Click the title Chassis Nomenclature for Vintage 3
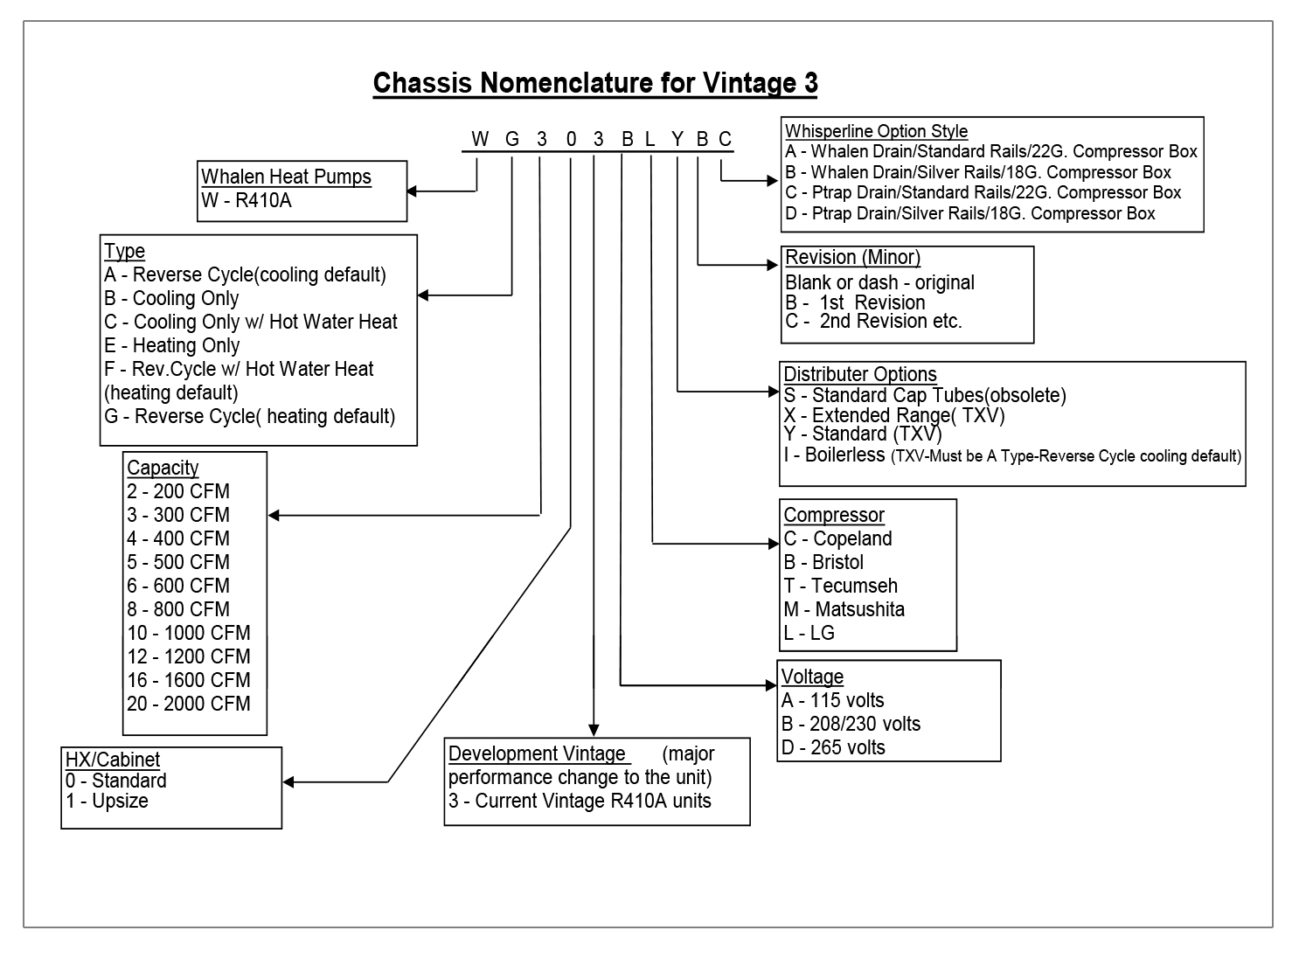[x=595, y=83]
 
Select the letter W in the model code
[x=480, y=139]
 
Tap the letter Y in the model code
[x=677, y=139]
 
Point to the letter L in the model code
[x=649, y=139]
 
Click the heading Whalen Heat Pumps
[x=286, y=177]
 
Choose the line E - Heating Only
[x=172, y=345]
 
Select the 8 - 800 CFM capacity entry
[x=178, y=609]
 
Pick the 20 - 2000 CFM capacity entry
[x=189, y=704]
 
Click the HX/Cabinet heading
[x=113, y=760]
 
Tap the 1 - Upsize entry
[x=107, y=801]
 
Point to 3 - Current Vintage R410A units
[x=580, y=801]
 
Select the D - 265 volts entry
[x=834, y=747]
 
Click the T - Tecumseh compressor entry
[x=841, y=586]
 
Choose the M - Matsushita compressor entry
[x=844, y=609]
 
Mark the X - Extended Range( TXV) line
[x=894, y=415]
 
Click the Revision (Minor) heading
[x=852, y=257]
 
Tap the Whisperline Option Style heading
[x=876, y=131]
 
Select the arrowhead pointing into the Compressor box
[x=772, y=544]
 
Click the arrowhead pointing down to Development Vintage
[x=594, y=730]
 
